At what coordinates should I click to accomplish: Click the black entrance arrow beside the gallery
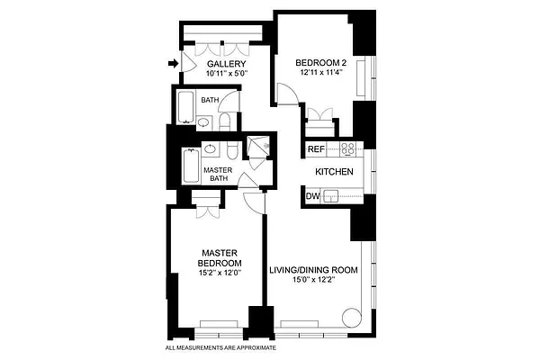click(x=173, y=63)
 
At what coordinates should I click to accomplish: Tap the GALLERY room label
click(x=221, y=65)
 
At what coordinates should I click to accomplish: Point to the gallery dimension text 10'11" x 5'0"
click(x=221, y=75)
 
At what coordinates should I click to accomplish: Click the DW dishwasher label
click(x=312, y=195)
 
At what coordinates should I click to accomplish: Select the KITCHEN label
click(x=333, y=172)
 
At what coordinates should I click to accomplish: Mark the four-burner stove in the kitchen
click(x=348, y=148)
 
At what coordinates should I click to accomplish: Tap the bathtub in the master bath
click(x=189, y=168)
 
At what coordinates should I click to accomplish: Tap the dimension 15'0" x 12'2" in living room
click(x=314, y=280)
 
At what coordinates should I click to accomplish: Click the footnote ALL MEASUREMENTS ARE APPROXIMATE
click(x=220, y=347)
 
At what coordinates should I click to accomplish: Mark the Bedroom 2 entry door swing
click(x=286, y=94)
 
